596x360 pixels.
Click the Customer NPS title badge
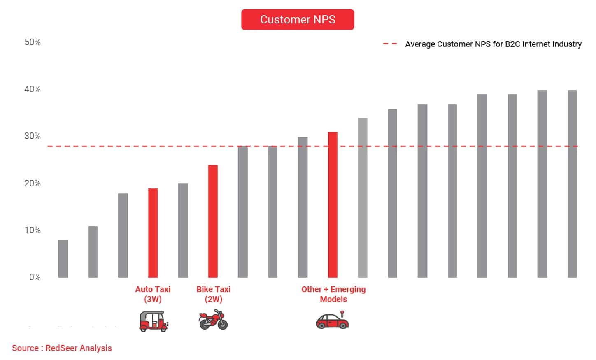(297, 19)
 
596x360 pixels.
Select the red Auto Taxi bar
(153, 233)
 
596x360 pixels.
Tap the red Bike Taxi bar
(213, 221)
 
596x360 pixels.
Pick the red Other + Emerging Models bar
(333, 204)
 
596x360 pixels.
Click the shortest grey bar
(63, 259)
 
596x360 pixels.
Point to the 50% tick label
(33, 42)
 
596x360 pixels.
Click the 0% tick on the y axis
(35, 277)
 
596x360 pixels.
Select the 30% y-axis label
(33, 136)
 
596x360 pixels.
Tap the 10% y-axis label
(33, 230)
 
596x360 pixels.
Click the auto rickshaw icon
(154, 321)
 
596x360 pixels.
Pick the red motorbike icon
(213, 320)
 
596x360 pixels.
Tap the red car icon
(333, 321)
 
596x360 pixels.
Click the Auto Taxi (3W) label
(153, 294)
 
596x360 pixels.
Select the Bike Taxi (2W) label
(213, 294)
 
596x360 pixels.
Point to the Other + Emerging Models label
(333, 294)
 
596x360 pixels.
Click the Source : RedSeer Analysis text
(62, 348)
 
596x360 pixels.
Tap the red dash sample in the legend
(390, 44)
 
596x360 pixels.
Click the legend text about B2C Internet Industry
(493, 44)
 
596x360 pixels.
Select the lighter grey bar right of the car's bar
(363, 197)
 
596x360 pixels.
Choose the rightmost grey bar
(572, 183)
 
